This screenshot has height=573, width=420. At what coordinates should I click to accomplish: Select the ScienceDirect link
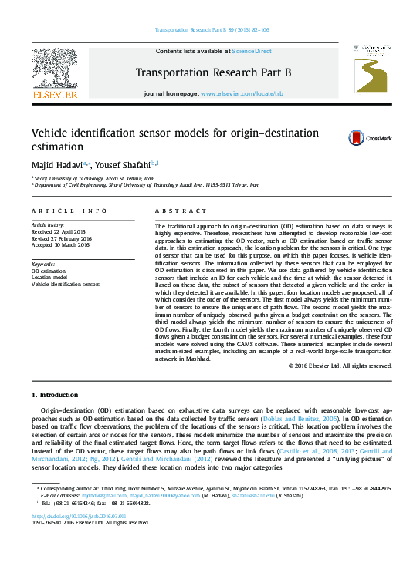(252, 52)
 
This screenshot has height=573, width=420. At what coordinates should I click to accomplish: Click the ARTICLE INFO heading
(69, 211)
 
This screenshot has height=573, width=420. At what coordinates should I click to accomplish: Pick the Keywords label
(44, 265)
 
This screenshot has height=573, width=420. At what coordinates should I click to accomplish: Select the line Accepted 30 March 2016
(64, 244)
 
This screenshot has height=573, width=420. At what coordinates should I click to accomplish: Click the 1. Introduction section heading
(59, 395)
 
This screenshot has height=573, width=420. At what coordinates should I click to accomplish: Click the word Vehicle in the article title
(52, 132)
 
